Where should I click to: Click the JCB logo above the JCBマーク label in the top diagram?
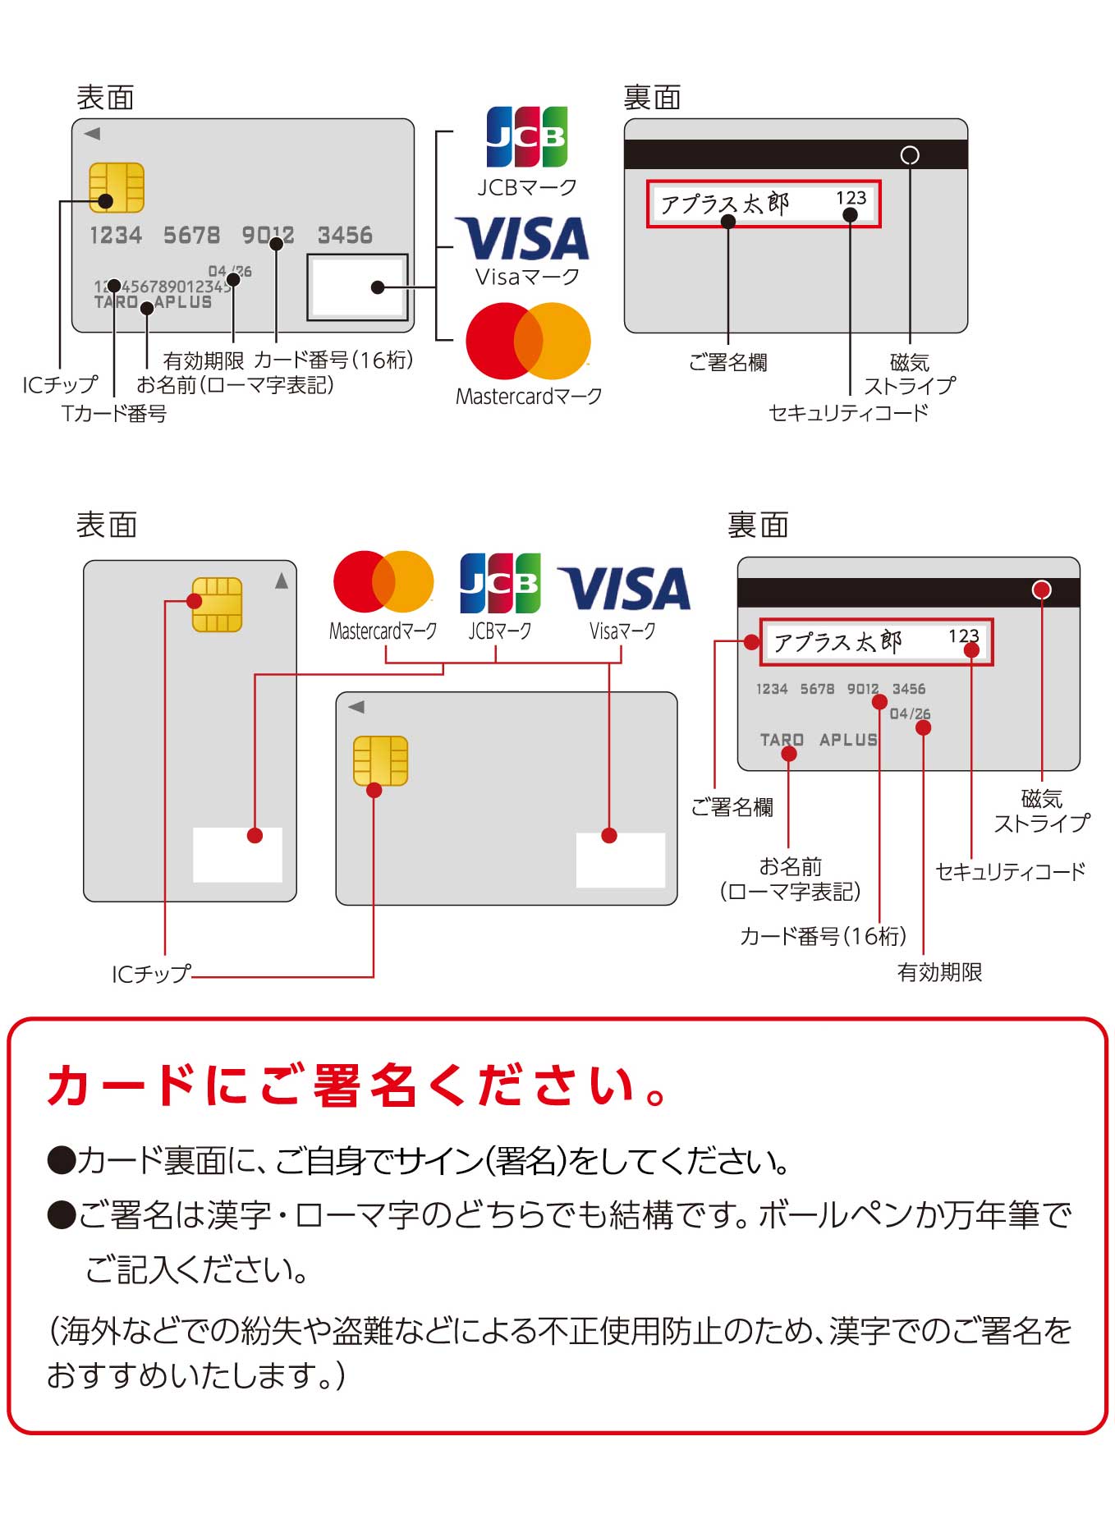526,137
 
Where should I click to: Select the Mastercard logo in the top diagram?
528,341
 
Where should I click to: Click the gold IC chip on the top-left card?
117,187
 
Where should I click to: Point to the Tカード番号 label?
114,413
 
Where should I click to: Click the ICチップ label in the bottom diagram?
151,974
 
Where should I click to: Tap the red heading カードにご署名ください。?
358,1085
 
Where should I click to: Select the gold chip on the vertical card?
217,604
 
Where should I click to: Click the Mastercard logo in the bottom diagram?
383,581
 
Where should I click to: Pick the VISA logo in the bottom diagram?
624,588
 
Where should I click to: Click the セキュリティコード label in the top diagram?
848,412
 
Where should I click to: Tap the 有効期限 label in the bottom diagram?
939,972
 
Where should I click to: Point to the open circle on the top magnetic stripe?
910,155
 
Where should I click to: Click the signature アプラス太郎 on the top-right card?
724,203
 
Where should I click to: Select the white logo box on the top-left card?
357,287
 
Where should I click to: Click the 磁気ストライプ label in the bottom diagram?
1042,810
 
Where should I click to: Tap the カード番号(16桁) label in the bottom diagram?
824,936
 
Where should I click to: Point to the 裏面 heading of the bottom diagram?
758,525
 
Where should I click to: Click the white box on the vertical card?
237,855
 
